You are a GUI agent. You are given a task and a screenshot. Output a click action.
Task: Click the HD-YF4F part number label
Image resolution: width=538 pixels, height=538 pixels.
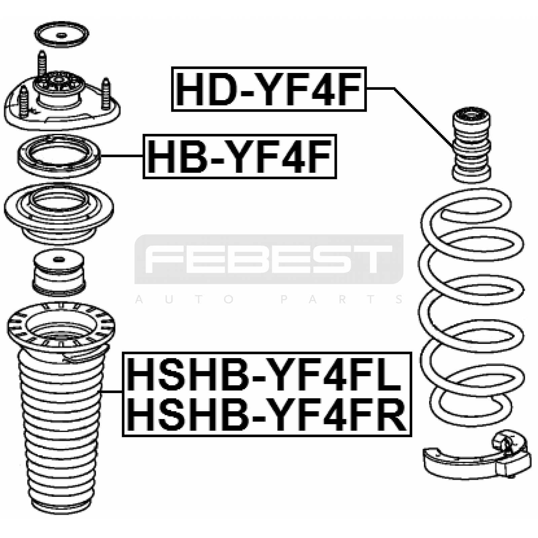(269, 89)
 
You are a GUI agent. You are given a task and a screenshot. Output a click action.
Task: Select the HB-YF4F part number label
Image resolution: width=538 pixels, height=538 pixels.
(240, 156)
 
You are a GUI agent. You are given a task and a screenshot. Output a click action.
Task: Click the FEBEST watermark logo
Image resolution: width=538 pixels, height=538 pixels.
(269, 259)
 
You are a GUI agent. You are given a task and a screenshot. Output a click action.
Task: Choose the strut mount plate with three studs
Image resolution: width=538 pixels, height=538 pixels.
(62, 98)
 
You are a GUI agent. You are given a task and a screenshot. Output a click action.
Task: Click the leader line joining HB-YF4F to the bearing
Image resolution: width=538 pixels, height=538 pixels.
(122, 156)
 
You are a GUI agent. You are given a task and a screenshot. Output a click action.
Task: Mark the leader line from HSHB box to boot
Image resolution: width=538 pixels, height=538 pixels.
(112, 392)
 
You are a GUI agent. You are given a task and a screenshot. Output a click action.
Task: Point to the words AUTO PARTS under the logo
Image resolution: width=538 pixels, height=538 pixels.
(269, 299)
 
